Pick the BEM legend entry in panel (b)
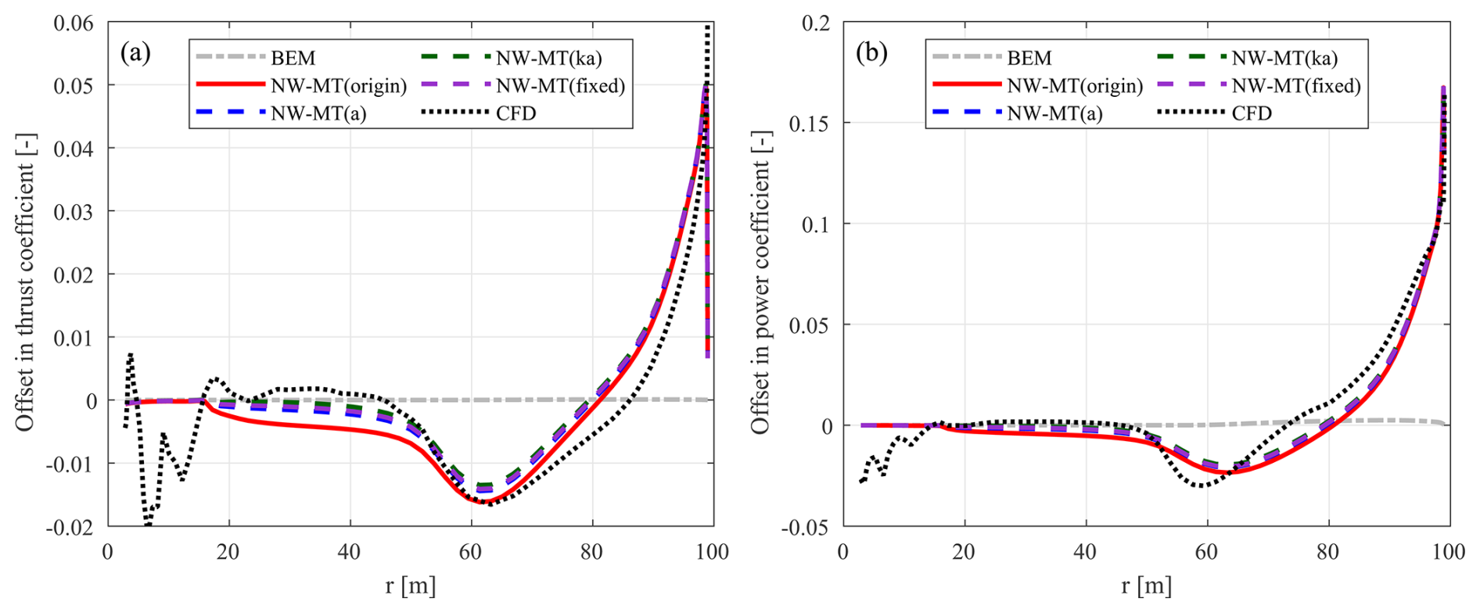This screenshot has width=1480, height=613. (x=1029, y=58)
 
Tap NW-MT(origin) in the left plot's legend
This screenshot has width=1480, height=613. (x=339, y=86)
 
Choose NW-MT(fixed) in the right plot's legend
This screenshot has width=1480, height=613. (x=1296, y=86)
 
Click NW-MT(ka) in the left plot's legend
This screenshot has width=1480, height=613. (x=548, y=58)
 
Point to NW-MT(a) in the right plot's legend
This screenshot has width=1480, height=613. (x=1054, y=113)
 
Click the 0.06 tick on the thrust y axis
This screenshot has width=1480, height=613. (x=74, y=23)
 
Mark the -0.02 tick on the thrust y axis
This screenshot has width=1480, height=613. (x=70, y=527)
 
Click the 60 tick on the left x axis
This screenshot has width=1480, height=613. (x=471, y=552)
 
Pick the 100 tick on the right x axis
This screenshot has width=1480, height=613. (x=1449, y=552)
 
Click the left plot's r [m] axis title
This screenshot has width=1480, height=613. (x=411, y=586)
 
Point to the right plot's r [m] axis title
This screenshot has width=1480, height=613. (x=1147, y=586)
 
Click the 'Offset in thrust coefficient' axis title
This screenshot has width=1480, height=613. (x=25, y=281)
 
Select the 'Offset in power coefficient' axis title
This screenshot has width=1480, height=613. (x=760, y=281)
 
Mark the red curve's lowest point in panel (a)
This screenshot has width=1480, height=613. (x=479, y=502)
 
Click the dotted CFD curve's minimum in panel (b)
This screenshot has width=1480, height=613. (x=1205, y=486)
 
